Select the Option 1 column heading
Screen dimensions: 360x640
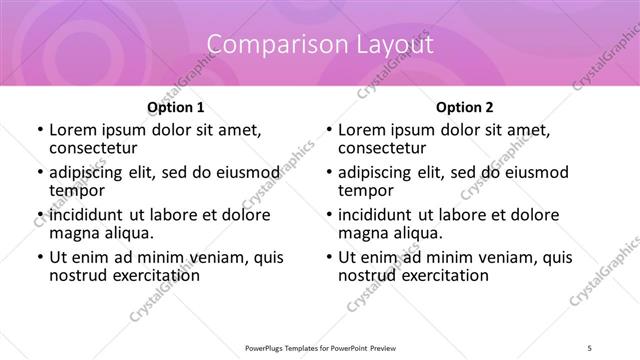tap(176, 107)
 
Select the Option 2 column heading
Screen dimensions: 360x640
tap(464, 107)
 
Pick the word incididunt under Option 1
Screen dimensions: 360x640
tap(90, 215)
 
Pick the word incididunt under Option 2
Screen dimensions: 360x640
tap(378, 215)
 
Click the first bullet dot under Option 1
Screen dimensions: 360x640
tap(40, 130)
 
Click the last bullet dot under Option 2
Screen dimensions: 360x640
tap(328, 257)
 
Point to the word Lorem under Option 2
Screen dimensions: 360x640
tap(361, 130)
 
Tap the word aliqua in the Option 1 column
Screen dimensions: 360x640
tap(126, 233)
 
